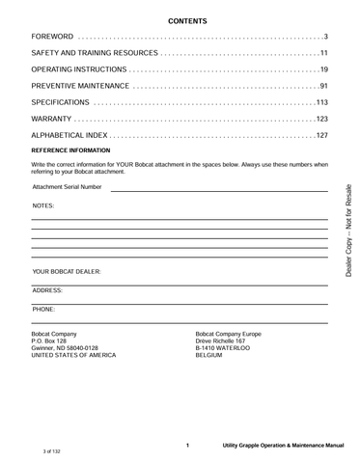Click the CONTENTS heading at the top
(x=180, y=20)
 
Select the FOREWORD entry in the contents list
(x=52, y=37)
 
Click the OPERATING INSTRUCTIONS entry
(x=79, y=69)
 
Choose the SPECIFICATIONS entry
(x=61, y=102)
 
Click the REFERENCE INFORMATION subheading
(x=71, y=152)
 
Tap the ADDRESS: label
(x=47, y=290)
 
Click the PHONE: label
(x=43, y=309)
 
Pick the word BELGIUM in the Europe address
(x=208, y=355)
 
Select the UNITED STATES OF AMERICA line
(x=73, y=355)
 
